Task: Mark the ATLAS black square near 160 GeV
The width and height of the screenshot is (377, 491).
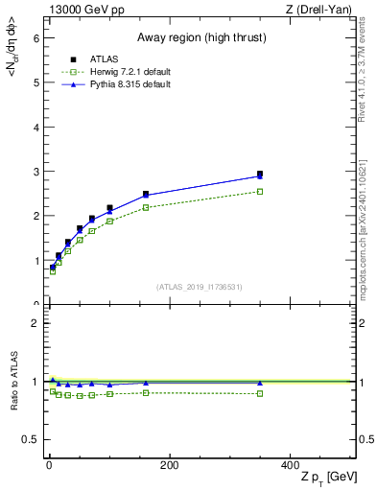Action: click(x=146, y=195)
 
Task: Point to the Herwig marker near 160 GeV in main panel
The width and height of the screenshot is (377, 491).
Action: click(x=146, y=207)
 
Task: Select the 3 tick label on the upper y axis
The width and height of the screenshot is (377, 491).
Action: click(x=35, y=172)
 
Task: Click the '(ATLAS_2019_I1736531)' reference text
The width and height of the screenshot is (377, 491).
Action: click(x=200, y=287)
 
